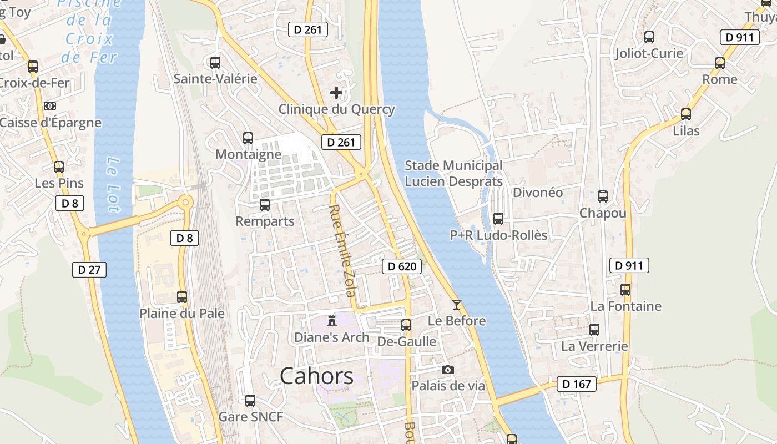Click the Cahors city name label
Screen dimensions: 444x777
[316, 376]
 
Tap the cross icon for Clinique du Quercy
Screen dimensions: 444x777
[336, 92]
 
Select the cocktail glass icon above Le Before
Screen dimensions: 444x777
[456, 304]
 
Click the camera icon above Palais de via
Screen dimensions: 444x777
[447, 370]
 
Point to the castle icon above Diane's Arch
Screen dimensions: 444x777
[332, 320]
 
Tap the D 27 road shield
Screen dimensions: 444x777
[89, 270]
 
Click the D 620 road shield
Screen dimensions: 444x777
[402, 266]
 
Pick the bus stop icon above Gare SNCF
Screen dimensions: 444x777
[250, 400]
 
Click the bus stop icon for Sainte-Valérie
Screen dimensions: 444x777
[215, 62]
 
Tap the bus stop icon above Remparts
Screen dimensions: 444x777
[265, 204]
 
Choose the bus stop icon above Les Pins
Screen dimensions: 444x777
[59, 167]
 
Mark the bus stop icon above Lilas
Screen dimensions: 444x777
[686, 114]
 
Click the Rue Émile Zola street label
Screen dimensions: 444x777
[342, 250]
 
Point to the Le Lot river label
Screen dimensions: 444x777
[113, 185]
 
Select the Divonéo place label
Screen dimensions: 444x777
[538, 193]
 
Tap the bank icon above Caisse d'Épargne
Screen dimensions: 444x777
[50, 106]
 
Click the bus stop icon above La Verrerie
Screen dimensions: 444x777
[594, 330]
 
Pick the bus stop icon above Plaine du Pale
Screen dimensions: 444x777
[182, 297]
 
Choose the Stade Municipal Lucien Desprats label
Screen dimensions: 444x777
[453, 173]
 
